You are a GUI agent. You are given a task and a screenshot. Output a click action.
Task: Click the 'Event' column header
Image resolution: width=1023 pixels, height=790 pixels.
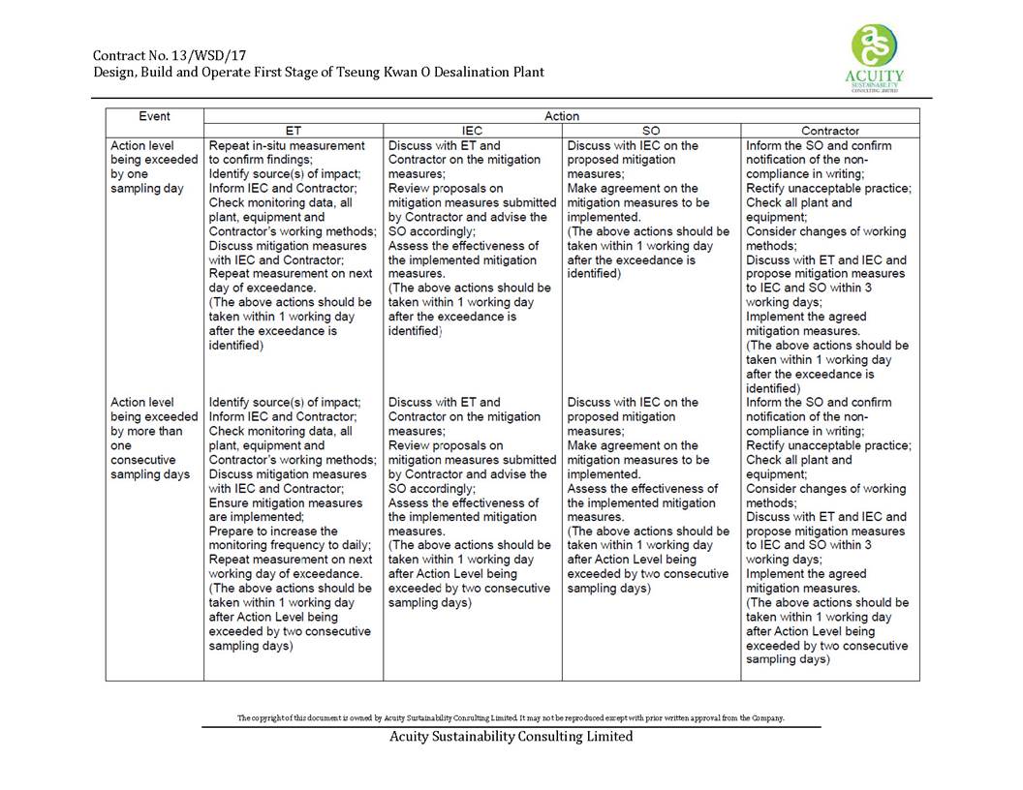tap(154, 116)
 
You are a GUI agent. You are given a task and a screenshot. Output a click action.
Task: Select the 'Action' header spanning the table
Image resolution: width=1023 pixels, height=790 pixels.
tap(561, 116)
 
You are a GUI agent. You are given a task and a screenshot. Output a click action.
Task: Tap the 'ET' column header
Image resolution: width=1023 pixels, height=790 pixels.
tap(293, 130)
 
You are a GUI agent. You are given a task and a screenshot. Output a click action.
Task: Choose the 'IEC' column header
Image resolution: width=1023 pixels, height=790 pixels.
tap(472, 130)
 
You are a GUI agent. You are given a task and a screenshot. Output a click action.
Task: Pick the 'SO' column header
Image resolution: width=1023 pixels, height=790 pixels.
tap(651, 130)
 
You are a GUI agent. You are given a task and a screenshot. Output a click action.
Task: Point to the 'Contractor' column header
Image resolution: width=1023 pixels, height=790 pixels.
tap(829, 130)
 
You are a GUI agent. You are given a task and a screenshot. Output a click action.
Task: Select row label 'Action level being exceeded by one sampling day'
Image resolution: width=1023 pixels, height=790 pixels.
tap(154, 167)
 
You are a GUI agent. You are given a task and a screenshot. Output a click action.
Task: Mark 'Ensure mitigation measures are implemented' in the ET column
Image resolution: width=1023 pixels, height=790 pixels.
tap(285, 510)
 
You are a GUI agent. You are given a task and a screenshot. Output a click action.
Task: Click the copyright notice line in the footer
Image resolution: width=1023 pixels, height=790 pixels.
tap(511, 718)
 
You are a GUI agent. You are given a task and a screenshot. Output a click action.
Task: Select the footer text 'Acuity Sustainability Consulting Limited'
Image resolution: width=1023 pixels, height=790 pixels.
tap(511, 737)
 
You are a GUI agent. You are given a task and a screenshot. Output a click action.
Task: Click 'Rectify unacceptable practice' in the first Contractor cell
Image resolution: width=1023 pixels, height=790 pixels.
tap(827, 188)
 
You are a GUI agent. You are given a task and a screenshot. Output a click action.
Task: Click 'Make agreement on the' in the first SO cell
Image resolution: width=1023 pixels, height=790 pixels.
tap(632, 188)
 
